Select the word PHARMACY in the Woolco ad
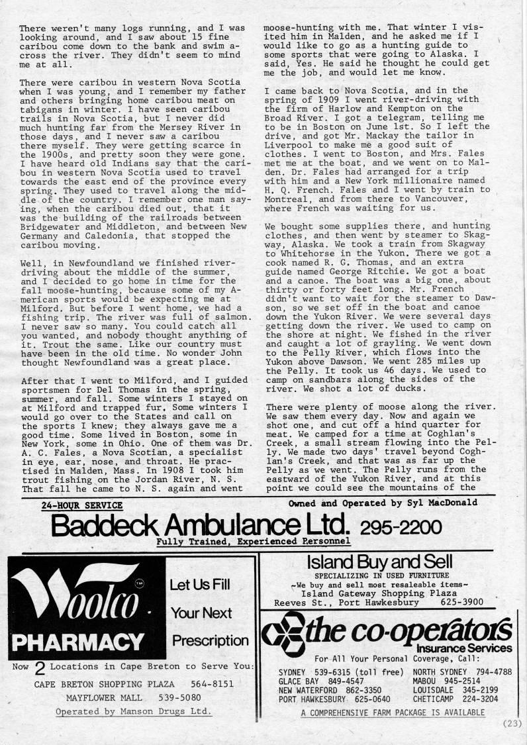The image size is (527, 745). pos(78,642)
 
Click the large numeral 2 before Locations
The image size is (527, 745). pos(39,668)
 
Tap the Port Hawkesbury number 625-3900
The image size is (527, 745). pos(459,603)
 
